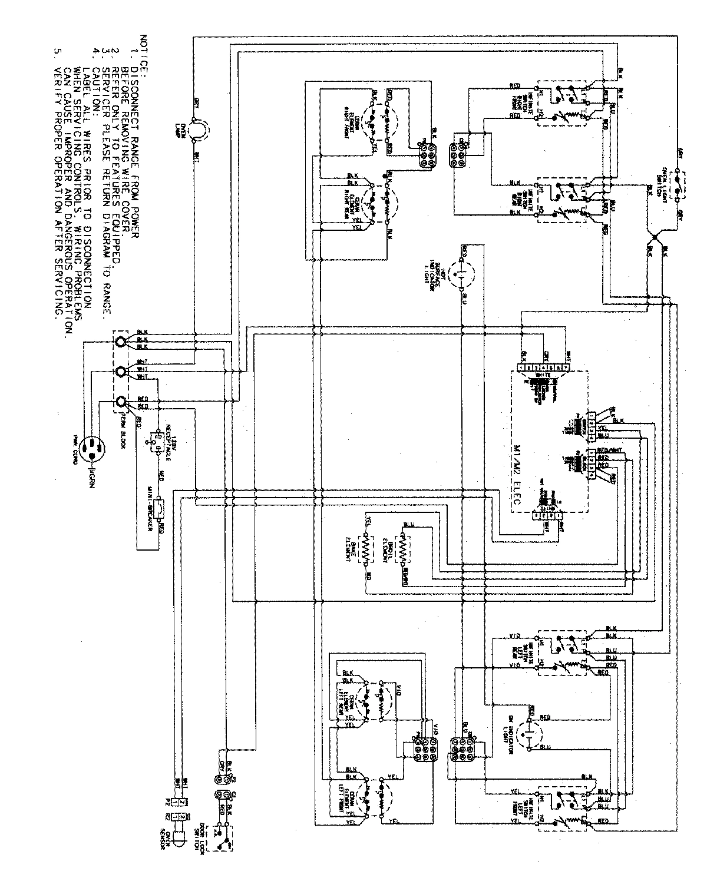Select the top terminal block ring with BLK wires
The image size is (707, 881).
120,341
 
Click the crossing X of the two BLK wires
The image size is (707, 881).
654,240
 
